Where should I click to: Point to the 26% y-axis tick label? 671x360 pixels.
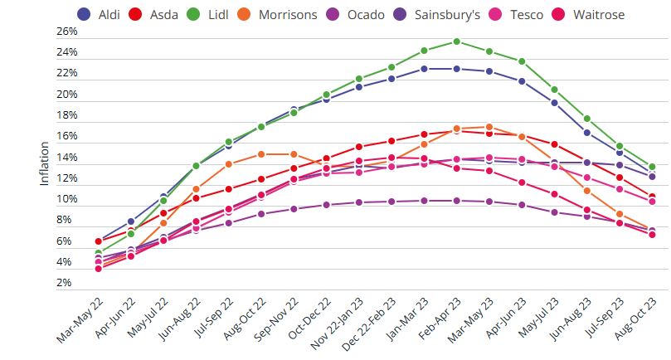click(66, 32)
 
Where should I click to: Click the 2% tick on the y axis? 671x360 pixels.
click(69, 284)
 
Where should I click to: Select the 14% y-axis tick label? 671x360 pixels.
click(66, 158)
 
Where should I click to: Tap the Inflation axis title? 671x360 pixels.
click(45, 158)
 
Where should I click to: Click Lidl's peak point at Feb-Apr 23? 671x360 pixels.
click(457, 41)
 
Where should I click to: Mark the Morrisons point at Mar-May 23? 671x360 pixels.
click(489, 127)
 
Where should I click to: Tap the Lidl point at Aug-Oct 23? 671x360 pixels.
click(652, 167)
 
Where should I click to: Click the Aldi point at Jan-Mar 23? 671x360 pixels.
click(425, 69)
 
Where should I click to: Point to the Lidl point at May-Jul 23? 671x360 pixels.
click(554, 90)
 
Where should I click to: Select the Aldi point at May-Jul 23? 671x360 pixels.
click(554, 103)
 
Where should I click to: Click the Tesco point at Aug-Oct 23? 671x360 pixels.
click(652, 202)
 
